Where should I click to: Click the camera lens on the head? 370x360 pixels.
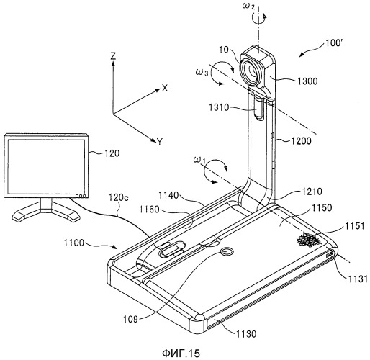pos(251,71)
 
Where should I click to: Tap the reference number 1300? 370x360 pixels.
pos(307,81)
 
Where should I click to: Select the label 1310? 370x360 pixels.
pos(219,107)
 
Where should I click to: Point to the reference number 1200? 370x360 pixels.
pos(301,140)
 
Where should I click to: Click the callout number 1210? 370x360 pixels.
pos(312,192)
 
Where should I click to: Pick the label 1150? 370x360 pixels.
pos(321,207)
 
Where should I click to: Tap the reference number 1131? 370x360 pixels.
pos(358,279)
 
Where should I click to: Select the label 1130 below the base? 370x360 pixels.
pos(246,333)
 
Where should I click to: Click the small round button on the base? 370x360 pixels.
pos(226,252)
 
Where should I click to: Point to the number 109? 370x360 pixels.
pos(130,320)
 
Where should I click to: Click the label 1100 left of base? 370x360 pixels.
pos(74,243)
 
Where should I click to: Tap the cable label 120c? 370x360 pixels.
pos(119,197)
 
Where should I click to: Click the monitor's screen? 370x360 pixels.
pos(47,167)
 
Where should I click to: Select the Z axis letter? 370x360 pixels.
pos(113,56)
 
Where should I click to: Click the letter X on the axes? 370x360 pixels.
pos(165,89)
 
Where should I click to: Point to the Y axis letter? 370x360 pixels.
pos(160,142)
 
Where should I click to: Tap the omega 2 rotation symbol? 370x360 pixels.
pos(248,6)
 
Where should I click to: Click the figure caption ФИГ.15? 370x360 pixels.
pos(181,353)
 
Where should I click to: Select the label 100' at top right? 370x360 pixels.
pos(334,43)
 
